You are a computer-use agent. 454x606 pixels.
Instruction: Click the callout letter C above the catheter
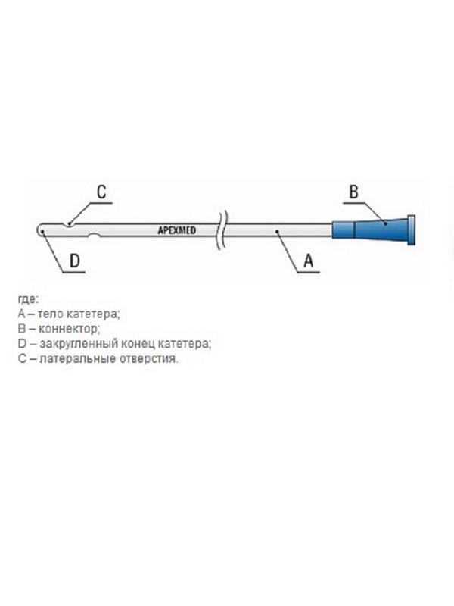tap(101, 191)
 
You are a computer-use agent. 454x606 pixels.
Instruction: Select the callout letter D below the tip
tap(76, 261)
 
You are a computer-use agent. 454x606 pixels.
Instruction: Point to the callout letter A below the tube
tap(309, 261)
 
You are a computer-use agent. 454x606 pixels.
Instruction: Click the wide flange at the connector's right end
tap(412, 228)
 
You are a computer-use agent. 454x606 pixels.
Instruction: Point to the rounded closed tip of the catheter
tap(39, 228)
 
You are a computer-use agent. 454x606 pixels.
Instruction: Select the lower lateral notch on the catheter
tap(95, 236)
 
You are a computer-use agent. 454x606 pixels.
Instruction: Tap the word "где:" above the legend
tap(26, 299)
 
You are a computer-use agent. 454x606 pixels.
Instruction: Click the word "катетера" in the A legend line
tap(94, 314)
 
